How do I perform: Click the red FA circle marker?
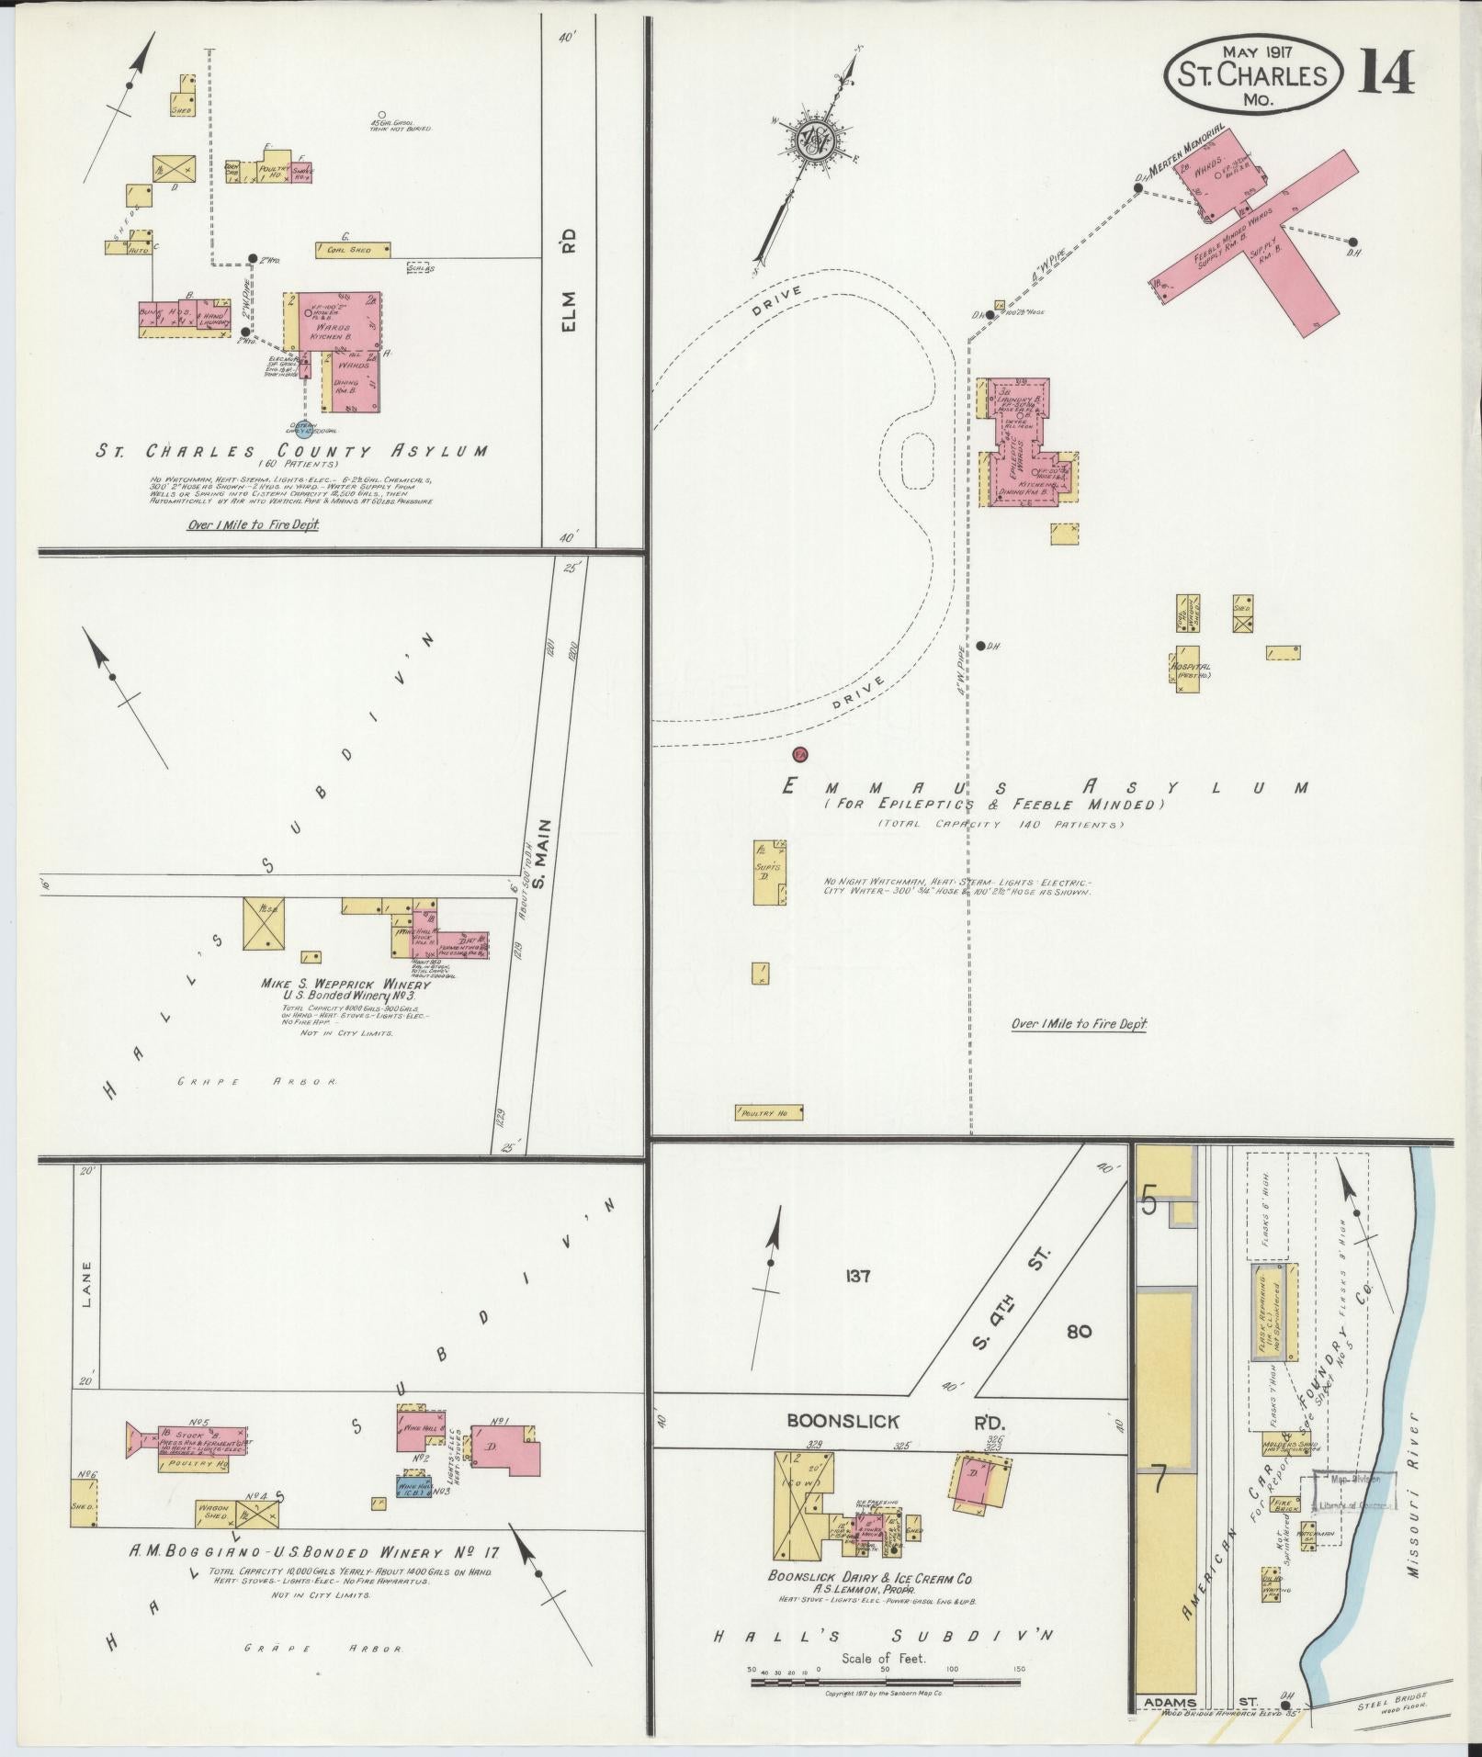(x=799, y=754)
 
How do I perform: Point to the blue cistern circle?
(x=303, y=428)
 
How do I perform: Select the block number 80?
(x=1080, y=1331)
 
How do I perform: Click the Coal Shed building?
(x=353, y=249)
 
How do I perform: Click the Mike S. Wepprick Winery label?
(x=345, y=984)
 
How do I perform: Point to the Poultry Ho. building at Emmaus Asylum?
(x=769, y=1113)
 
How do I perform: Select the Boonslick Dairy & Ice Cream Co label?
(x=870, y=1577)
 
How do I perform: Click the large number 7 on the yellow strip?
(x=1160, y=1481)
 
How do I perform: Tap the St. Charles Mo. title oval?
(x=1251, y=75)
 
